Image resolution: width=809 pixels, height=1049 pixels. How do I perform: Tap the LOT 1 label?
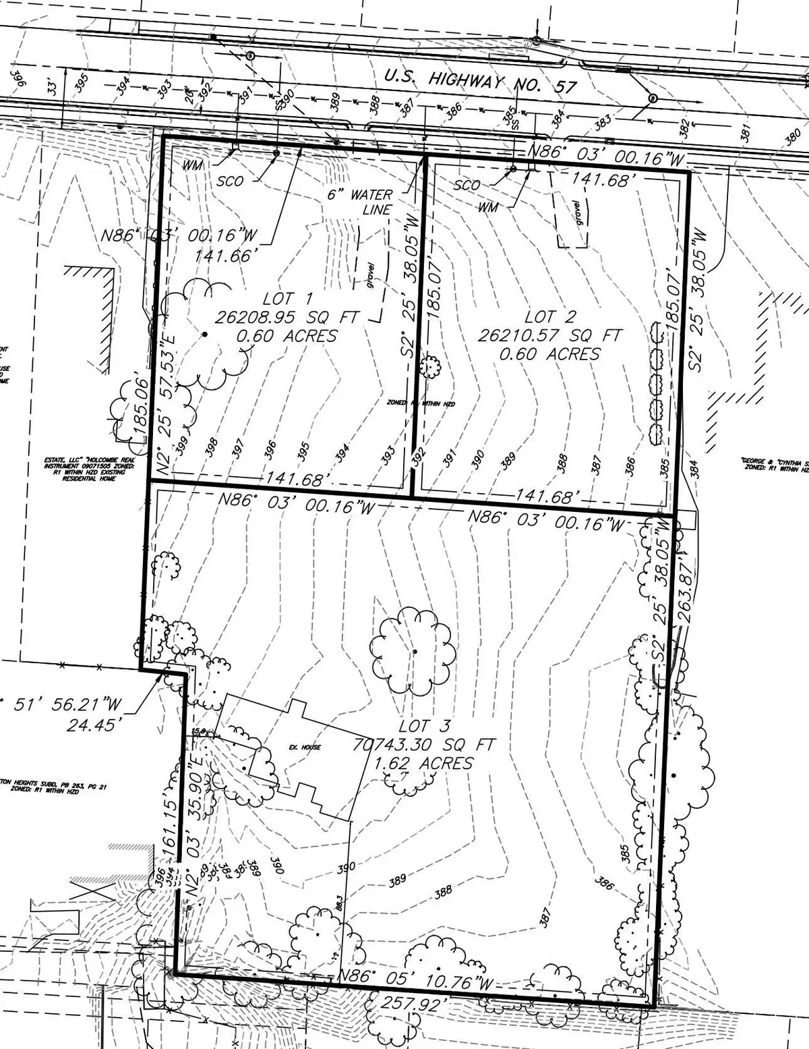coord(269,298)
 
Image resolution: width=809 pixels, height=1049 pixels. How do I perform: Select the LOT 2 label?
coord(550,316)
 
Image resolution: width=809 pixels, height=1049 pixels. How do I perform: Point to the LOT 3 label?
coord(423,727)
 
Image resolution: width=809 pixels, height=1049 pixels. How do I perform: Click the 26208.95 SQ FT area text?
coord(289,317)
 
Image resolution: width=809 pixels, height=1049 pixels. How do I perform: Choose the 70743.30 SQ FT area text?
coord(425,745)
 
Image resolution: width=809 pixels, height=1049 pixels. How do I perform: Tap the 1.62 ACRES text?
coord(425,764)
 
